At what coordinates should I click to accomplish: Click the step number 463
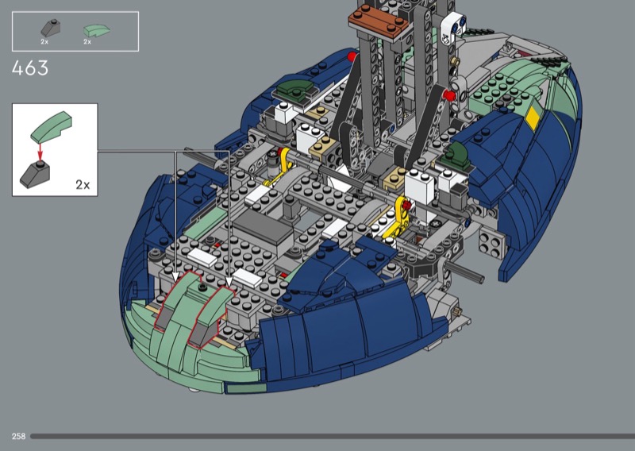(30, 68)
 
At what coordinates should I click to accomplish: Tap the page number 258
(18, 436)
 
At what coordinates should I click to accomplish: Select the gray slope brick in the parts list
(51, 28)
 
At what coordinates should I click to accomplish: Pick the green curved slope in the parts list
(96, 30)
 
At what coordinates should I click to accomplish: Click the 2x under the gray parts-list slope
(44, 42)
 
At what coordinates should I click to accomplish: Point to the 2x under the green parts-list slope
(87, 42)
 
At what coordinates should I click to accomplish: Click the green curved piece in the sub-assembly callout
(51, 127)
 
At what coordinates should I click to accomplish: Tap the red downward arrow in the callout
(40, 152)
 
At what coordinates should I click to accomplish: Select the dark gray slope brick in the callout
(36, 174)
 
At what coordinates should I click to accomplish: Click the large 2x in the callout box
(83, 185)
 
